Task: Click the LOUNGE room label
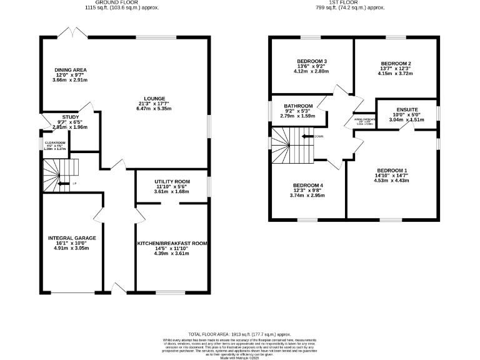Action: tap(154, 98)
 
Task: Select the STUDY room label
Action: tap(70, 116)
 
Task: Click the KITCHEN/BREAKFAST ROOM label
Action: tap(172, 243)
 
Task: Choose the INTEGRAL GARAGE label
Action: tap(72, 237)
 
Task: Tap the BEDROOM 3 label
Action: tap(312, 61)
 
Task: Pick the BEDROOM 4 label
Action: tap(309, 185)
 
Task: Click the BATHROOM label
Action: tap(297, 106)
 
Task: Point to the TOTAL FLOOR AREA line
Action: tap(239, 334)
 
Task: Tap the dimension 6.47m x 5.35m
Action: tap(154, 109)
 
